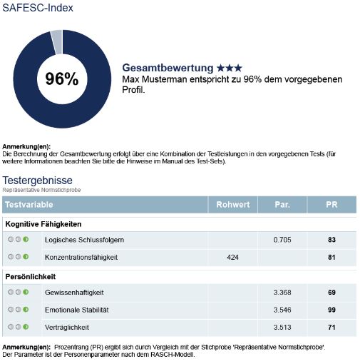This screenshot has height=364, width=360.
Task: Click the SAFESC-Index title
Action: (38, 9)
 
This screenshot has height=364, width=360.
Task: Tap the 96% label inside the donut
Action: (62, 79)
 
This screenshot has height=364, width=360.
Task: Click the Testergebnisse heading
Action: (38, 181)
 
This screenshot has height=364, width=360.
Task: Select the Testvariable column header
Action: (29, 205)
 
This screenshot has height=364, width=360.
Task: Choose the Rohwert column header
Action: (233, 205)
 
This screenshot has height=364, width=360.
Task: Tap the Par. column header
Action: (282, 205)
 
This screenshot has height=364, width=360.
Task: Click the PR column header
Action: (331, 205)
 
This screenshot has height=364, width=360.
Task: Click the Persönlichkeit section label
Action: (31, 276)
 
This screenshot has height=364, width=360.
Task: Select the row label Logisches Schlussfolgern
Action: (84, 240)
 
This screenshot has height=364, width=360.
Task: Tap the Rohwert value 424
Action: (232, 257)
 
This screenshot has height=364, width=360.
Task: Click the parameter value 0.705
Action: (282, 240)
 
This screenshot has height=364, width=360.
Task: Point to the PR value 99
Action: (331, 310)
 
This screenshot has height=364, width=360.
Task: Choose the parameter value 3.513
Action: (282, 327)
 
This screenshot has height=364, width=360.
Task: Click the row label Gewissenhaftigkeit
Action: (74, 292)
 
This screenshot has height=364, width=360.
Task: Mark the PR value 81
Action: (331, 257)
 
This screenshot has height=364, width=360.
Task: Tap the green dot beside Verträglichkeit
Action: (26, 327)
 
